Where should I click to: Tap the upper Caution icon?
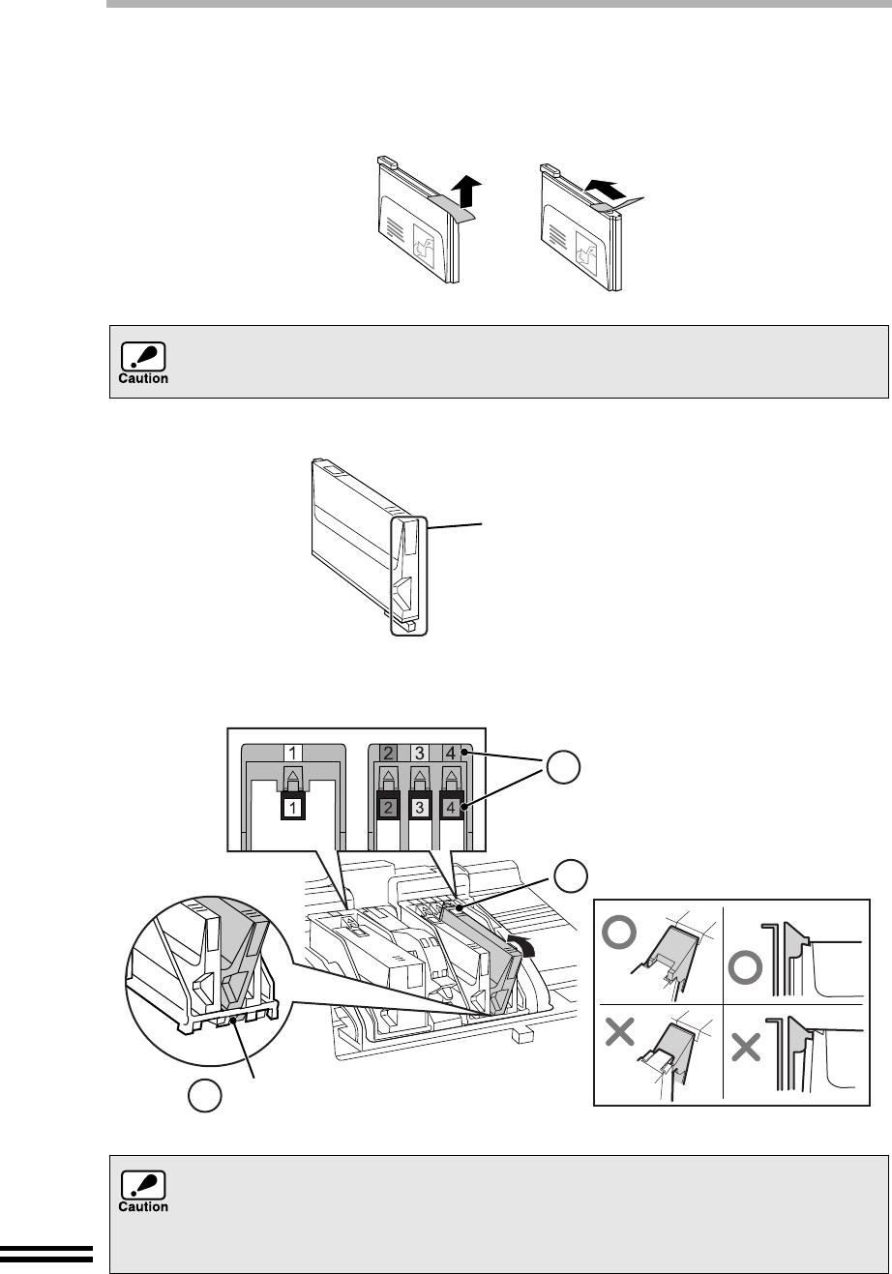click(143, 362)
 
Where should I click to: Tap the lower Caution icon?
click(143, 1191)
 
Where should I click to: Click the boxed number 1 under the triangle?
click(294, 806)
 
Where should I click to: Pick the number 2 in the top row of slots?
click(387, 752)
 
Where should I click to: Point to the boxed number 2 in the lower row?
click(387, 806)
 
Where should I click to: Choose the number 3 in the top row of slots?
click(419, 752)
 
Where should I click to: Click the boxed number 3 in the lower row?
click(419, 806)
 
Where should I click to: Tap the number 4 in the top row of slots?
click(451, 752)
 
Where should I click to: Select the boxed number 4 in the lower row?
click(451, 806)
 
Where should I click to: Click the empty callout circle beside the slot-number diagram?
click(561, 769)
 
